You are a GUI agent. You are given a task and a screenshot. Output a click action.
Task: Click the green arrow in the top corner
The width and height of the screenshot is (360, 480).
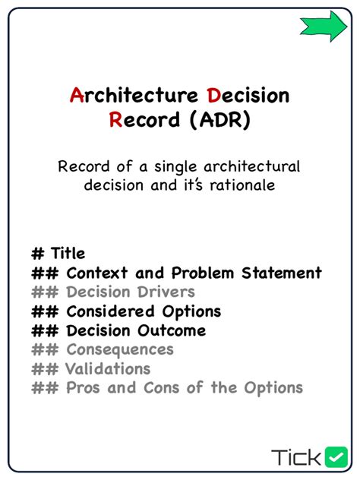click(x=323, y=26)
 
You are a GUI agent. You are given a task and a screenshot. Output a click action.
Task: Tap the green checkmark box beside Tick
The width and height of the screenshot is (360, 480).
click(x=336, y=456)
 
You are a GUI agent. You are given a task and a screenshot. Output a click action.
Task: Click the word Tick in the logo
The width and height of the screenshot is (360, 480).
click(x=296, y=456)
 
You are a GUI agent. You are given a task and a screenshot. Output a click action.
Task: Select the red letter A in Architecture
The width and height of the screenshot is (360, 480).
click(x=76, y=96)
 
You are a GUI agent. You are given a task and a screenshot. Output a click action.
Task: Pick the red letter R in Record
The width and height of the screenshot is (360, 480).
click(x=115, y=121)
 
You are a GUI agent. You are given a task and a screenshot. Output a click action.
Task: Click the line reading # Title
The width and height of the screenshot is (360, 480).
click(x=58, y=253)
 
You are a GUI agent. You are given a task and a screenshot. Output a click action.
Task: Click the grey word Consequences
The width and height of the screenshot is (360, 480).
click(x=120, y=349)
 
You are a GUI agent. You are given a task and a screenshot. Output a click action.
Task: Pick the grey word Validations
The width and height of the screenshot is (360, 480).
click(x=107, y=369)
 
